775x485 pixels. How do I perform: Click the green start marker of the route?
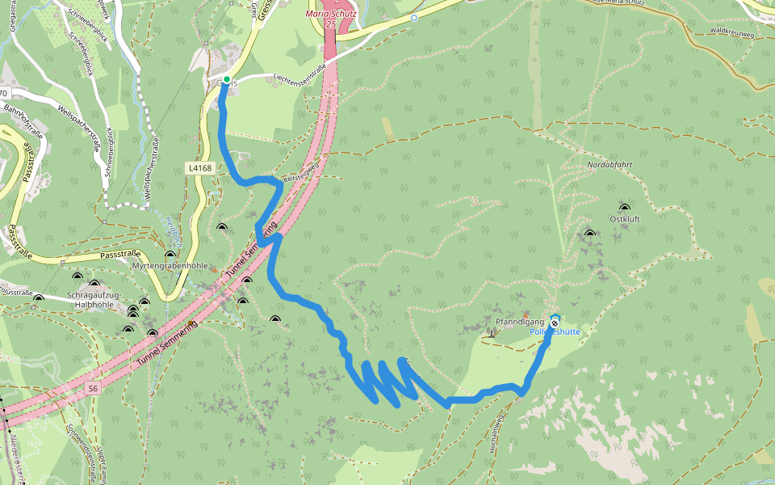226,79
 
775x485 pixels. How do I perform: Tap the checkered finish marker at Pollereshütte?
555,323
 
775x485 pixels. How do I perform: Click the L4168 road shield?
199,168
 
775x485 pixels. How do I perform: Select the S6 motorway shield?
93,389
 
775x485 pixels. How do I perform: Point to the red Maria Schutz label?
331,15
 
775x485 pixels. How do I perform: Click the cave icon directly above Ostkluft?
624,207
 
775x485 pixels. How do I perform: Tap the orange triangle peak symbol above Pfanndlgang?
526,314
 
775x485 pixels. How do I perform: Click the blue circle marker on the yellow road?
413,17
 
